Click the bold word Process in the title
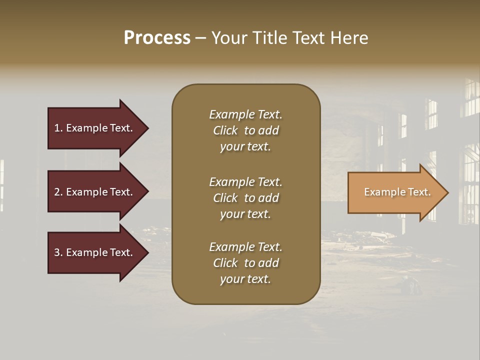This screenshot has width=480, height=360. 157,38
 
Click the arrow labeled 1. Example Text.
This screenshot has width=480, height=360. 95,128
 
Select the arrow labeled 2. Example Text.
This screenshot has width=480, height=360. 95,192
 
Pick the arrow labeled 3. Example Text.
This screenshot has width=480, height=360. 95,252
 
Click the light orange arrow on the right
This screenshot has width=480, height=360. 395,192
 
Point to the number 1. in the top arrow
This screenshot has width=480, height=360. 58,128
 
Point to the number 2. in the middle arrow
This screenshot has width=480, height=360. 58,192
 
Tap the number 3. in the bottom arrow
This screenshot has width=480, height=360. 58,252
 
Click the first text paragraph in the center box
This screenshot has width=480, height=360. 245,130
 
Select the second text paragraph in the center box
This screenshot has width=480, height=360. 245,198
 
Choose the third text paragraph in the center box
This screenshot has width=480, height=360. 245,263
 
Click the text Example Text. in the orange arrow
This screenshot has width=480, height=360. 397,192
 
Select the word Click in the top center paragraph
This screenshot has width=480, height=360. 225,130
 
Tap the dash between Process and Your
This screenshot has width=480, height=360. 201,38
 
